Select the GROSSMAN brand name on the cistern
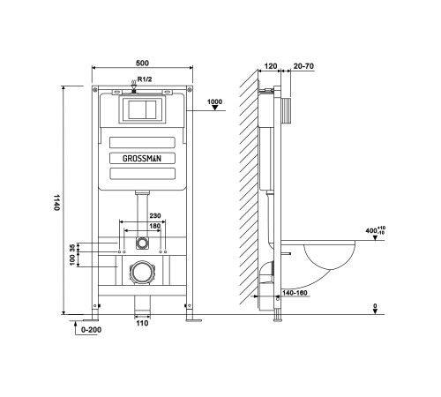tap(141, 159)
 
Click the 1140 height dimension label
tap(56, 204)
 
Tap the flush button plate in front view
tap(141, 111)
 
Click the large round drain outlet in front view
tap(140, 272)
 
